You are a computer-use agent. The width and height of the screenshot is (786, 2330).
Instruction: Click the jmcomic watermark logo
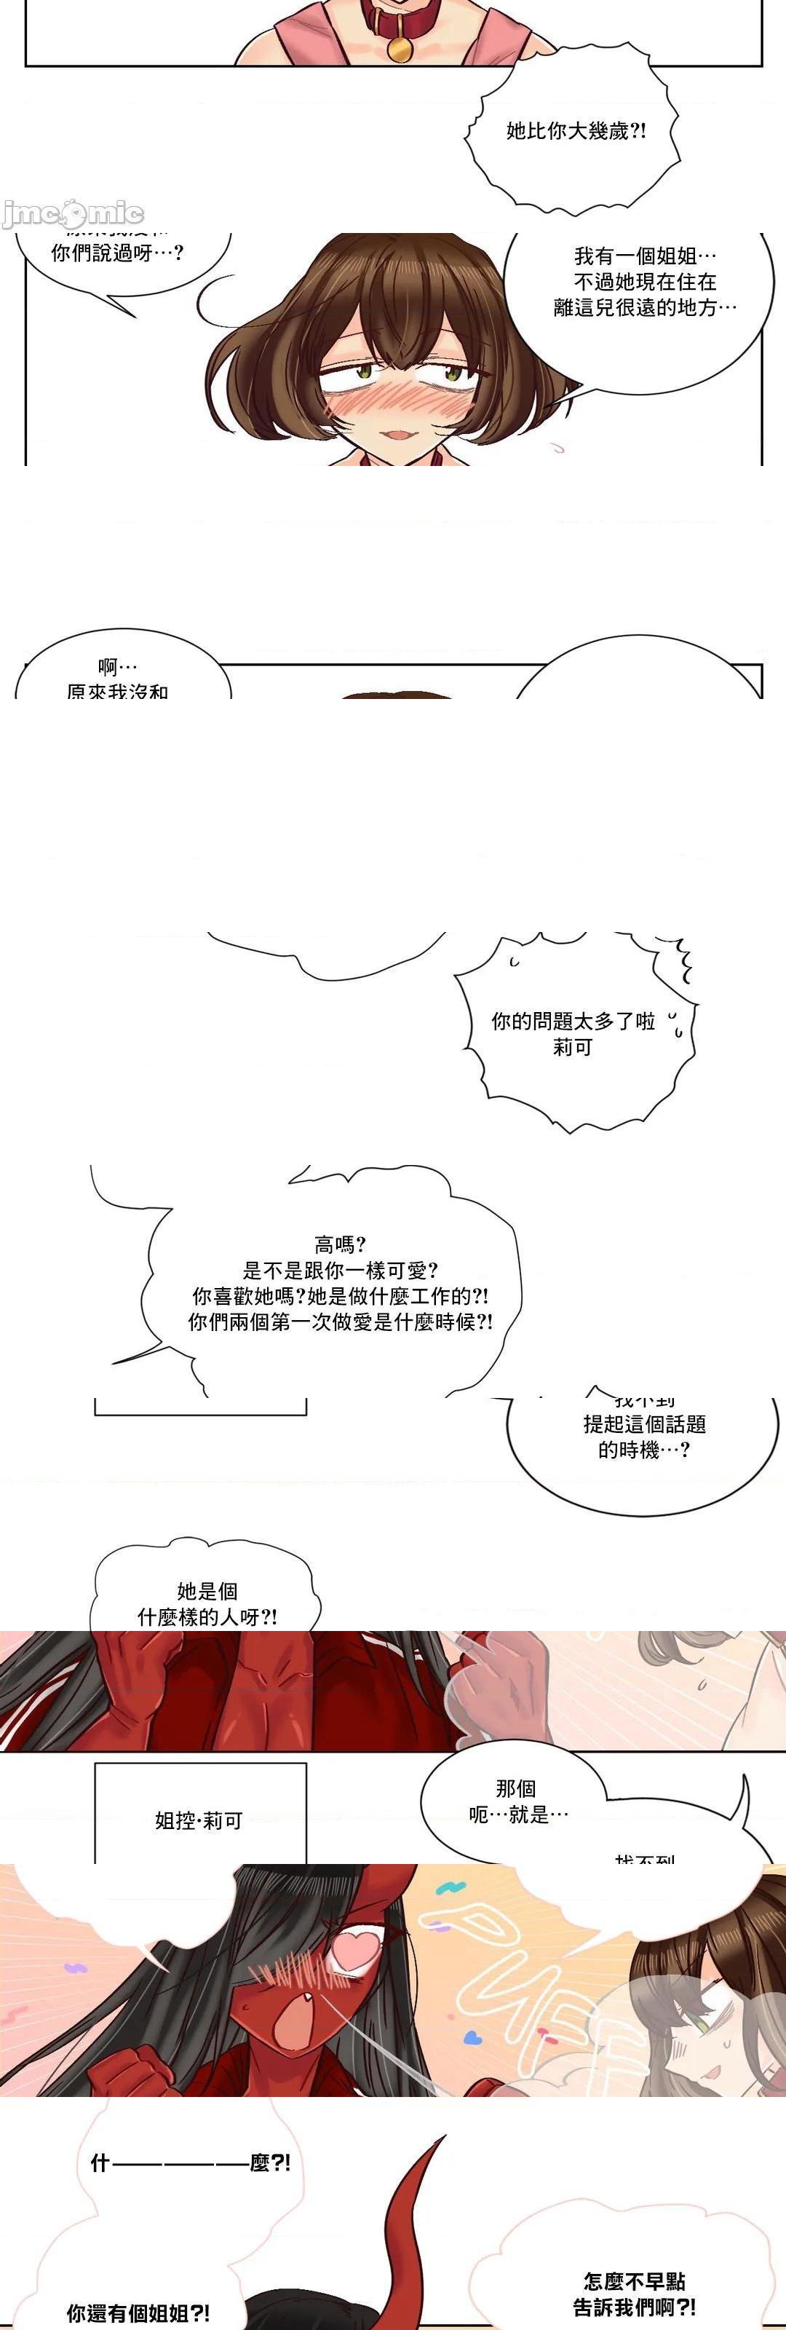coord(72,213)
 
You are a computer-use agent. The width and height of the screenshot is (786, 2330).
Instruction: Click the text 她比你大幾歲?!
coord(576,131)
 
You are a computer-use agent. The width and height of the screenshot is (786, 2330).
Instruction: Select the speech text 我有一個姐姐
coord(646,257)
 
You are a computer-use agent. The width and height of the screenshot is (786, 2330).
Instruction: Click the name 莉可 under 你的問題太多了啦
coord(573,1048)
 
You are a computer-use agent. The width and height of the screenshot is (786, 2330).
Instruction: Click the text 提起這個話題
coord(644,1426)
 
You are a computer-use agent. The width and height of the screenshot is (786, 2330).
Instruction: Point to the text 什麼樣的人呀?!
coord(207,1616)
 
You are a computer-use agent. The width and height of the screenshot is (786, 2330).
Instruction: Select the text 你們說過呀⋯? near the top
coord(118,253)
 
